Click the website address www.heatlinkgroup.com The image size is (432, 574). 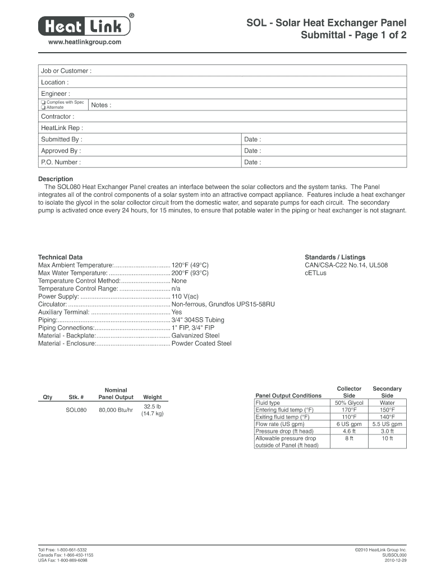coord(85,43)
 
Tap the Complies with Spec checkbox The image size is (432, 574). coord(43,103)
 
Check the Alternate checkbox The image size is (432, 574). coord(43,107)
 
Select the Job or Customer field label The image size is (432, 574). coord(66,71)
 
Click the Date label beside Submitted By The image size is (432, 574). coord(252,139)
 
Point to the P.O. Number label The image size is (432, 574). coord(61,162)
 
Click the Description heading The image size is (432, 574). coord(55,179)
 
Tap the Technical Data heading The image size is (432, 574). coord(60,257)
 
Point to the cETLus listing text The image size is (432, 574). coord(315,272)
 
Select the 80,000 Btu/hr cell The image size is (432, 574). coord(116,410)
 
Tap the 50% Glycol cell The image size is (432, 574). coord(349,403)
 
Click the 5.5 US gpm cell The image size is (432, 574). coord(387,424)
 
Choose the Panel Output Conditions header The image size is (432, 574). coord(288,395)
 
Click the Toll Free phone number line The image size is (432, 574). coord(62,550)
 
